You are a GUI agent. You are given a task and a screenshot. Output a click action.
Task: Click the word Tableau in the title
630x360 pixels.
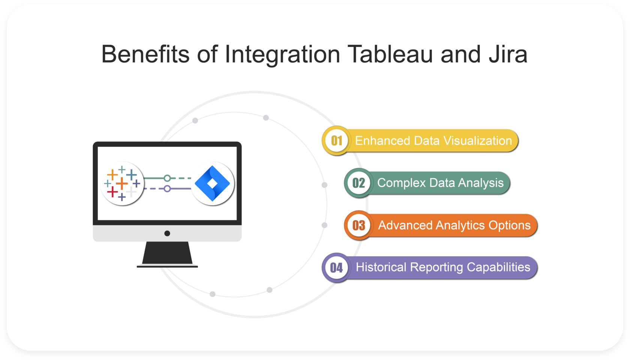pyautogui.click(x=390, y=54)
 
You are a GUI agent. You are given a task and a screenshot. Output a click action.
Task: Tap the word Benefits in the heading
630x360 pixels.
pyautogui.click(x=145, y=54)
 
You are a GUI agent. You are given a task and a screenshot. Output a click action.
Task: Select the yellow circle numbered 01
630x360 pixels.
pyautogui.click(x=336, y=141)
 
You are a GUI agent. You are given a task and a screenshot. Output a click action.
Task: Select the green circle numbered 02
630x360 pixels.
pyautogui.click(x=358, y=183)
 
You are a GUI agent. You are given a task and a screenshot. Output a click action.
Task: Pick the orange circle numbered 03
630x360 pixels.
pyautogui.click(x=358, y=225)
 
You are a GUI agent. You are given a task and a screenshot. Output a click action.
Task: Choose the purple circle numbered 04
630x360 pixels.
pyautogui.click(x=336, y=267)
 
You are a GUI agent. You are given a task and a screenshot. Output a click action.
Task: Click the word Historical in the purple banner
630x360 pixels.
pyautogui.click(x=381, y=267)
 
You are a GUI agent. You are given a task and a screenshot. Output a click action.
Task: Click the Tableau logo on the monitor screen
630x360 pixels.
pyautogui.click(x=122, y=183)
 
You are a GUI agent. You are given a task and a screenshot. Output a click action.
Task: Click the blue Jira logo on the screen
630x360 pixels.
pyautogui.click(x=213, y=183)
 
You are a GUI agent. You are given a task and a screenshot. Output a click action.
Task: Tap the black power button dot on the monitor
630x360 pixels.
pyautogui.click(x=167, y=233)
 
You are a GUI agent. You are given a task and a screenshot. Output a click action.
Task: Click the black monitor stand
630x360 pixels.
pyautogui.click(x=167, y=254)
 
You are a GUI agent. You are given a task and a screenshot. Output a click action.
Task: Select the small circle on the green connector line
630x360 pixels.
pyautogui.click(x=167, y=178)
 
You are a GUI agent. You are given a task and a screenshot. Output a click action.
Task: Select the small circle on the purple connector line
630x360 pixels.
pyautogui.click(x=167, y=189)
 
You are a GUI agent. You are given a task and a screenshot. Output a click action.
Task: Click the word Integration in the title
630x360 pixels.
pyautogui.click(x=282, y=54)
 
